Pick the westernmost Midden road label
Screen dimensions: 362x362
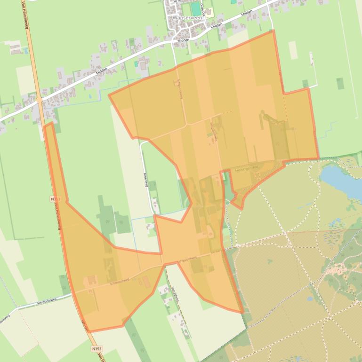click(101, 71)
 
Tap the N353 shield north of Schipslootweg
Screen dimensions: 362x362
click(55, 199)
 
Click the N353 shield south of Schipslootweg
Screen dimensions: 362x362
click(96, 349)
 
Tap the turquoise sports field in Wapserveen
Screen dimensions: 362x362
click(195, 9)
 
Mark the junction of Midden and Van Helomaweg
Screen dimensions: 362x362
click(39, 100)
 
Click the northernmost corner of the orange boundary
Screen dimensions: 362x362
click(273, 31)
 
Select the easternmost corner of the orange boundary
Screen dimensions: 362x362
click(319, 158)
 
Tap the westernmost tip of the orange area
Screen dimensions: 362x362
click(44, 126)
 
